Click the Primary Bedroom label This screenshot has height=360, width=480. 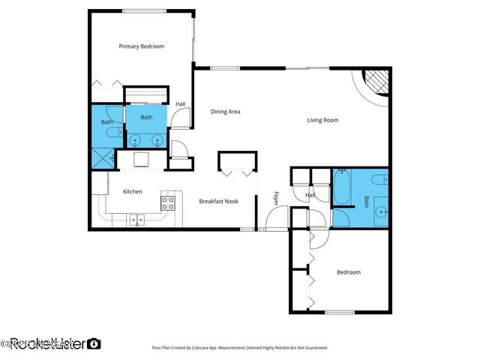click(x=142, y=46)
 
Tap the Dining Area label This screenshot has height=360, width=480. click(x=225, y=112)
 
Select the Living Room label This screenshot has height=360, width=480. click(x=322, y=120)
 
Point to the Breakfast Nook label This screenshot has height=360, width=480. click(x=219, y=201)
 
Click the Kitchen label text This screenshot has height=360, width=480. click(x=133, y=192)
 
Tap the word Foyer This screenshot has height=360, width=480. click(x=275, y=199)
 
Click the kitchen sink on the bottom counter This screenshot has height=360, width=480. click(x=136, y=220)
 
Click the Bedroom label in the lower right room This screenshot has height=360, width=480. click(x=348, y=272)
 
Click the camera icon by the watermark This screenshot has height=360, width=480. click(x=94, y=344)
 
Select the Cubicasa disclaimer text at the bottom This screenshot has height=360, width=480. click(x=240, y=348)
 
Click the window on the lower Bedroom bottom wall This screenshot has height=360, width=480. click(x=339, y=312)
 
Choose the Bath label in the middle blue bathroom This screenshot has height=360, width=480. click(x=146, y=117)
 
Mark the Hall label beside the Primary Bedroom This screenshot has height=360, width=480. click(x=181, y=104)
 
